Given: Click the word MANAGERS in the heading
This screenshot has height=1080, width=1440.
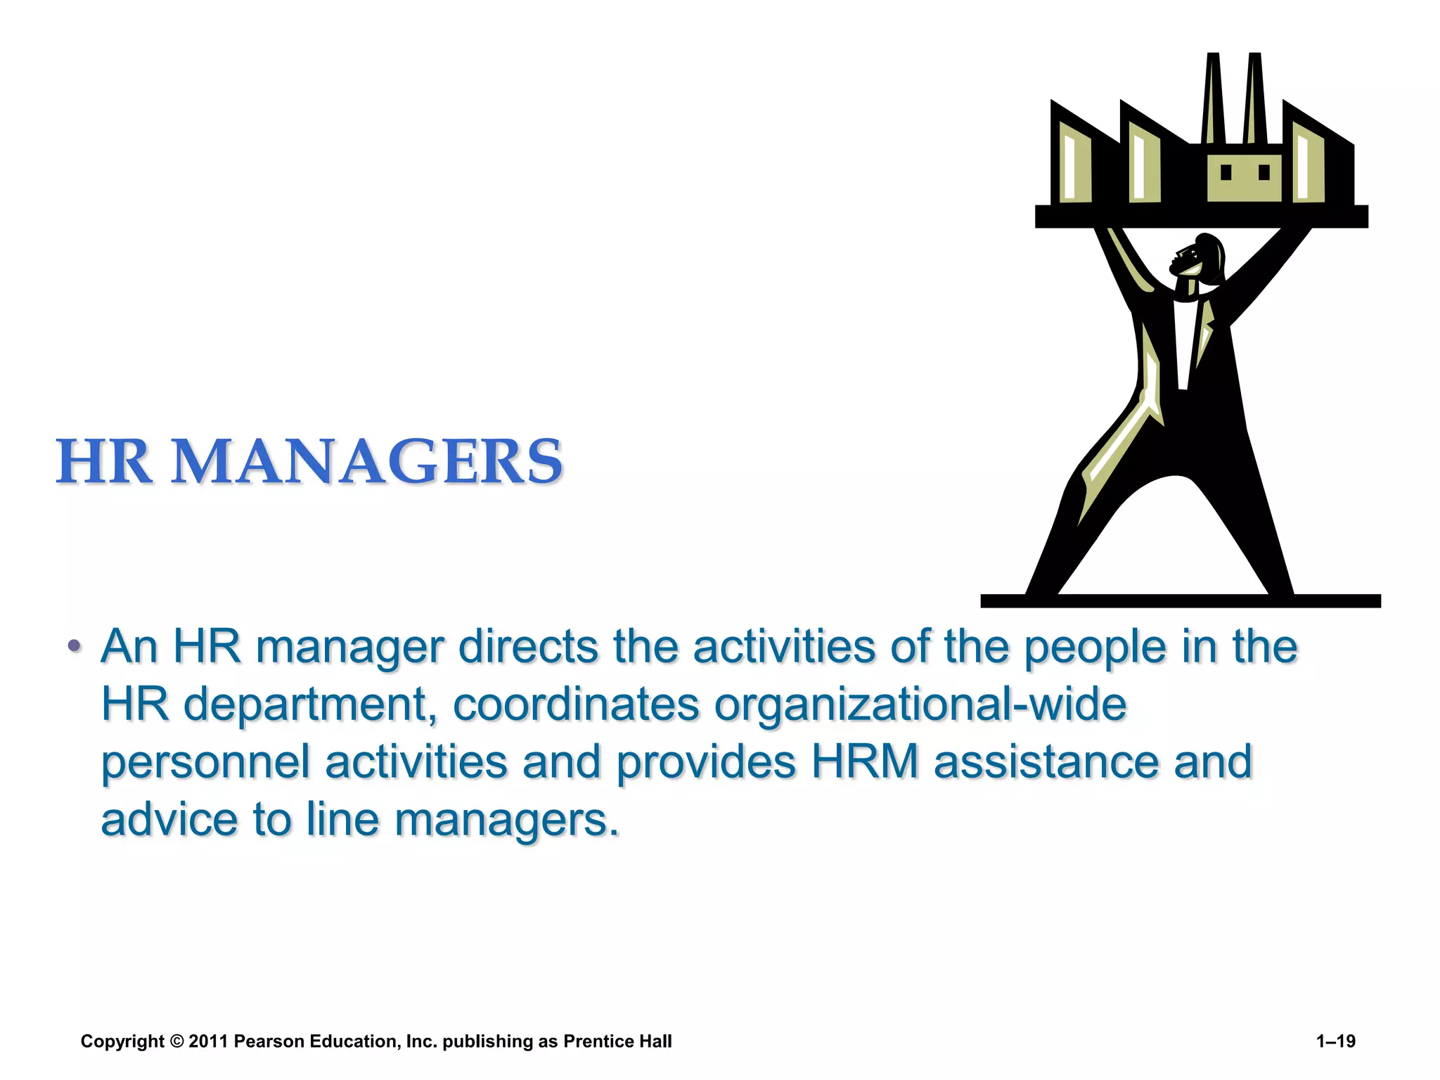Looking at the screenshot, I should pyautogui.click(x=367, y=462).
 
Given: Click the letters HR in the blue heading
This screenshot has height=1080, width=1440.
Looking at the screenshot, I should pyautogui.click(x=104, y=462).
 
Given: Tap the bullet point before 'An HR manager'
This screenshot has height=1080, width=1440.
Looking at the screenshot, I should pyautogui.click(x=74, y=645).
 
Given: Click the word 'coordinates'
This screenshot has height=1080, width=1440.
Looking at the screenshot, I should pyautogui.click(x=576, y=705).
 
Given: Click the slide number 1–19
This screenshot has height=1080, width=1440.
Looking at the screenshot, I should pyautogui.click(x=1335, y=1041).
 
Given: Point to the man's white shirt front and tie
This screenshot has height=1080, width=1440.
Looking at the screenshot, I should pyautogui.click(x=1183, y=345).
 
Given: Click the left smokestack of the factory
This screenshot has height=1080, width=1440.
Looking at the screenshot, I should pyautogui.click(x=1212, y=98).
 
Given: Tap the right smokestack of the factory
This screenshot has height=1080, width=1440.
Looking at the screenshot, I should pyautogui.click(x=1253, y=98).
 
